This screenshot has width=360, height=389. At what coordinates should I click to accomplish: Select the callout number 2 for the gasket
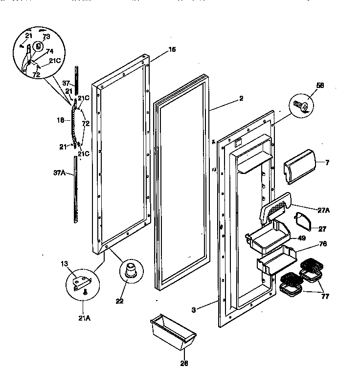[x=241, y=98]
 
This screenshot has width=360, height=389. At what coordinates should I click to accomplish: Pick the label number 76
[x=323, y=243]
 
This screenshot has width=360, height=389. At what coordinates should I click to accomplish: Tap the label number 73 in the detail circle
[x=46, y=37]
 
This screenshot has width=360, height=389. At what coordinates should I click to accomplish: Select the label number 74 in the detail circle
[x=49, y=51]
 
